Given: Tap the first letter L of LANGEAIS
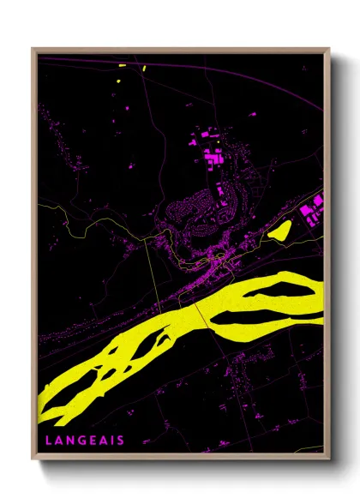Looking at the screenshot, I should coord(48,440).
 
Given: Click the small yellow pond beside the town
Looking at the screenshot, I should coord(280,230).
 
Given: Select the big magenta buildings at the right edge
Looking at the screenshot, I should coord(314,206).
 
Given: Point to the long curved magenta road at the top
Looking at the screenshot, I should coord(214,70).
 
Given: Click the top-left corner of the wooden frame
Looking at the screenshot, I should coord(33,50).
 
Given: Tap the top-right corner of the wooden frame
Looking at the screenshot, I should coord(328,50).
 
